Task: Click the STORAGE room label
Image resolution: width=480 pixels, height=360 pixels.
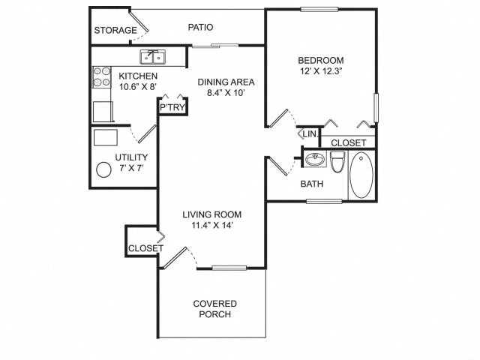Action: pyautogui.click(x=115, y=31)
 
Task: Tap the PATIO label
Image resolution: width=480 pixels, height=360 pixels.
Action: pyautogui.click(x=200, y=27)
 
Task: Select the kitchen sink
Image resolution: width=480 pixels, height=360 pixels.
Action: pyautogui.click(x=154, y=56)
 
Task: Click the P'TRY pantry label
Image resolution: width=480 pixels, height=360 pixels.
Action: pyautogui.click(x=172, y=108)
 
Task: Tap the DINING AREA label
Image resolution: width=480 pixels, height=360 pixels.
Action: pyautogui.click(x=226, y=82)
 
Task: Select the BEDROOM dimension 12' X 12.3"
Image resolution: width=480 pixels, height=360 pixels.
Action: pyautogui.click(x=320, y=73)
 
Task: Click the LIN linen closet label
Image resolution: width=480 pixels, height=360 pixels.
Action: pyautogui.click(x=310, y=135)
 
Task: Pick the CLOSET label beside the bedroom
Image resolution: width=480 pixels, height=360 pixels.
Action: pyautogui.click(x=348, y=142)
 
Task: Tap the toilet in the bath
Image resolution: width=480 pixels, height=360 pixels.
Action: pyautogui.click(x=337, y=162)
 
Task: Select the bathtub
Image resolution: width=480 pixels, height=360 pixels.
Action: pyautogui.click(x=361, y=175)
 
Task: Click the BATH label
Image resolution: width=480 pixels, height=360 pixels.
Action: pyautogui.click(x=311, y=184)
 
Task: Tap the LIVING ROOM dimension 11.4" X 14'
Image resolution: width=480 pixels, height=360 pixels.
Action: pyautogui.click(x=212, y=226)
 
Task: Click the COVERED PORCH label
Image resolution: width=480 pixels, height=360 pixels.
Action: pyautogui.click(x=215, y=309)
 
